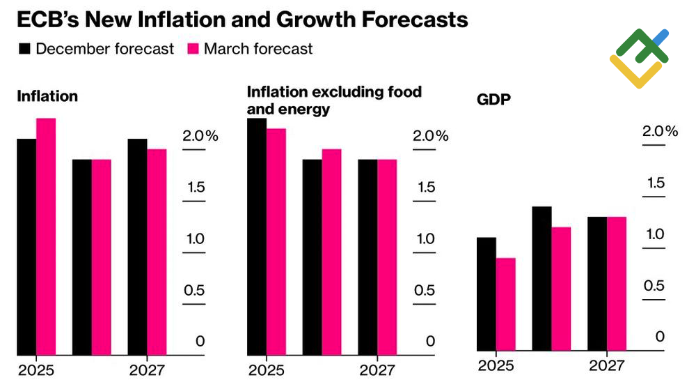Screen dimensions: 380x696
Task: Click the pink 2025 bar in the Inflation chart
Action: point(46,237)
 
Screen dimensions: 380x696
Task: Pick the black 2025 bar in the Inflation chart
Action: point(26,247)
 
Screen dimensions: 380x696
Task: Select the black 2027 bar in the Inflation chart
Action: point(137,247)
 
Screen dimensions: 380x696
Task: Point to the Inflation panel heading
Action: point(47,97)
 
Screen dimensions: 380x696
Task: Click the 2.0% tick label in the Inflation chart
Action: point(200,136)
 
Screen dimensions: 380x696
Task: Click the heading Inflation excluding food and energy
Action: point(334,100)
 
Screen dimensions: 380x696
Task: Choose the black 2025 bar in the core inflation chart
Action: point(257,237)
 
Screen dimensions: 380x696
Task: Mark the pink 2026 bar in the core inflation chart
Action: point(331,252)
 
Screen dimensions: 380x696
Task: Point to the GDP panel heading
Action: point(493,99)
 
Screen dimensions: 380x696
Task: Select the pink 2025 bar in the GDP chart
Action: point(505,304)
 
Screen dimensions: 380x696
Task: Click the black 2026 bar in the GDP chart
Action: point(541,278)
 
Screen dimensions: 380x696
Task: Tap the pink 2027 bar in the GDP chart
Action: point(617,284)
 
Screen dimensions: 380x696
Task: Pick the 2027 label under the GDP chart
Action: point(607,366)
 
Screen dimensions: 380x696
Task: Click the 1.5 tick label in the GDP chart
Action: point(655,183)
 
